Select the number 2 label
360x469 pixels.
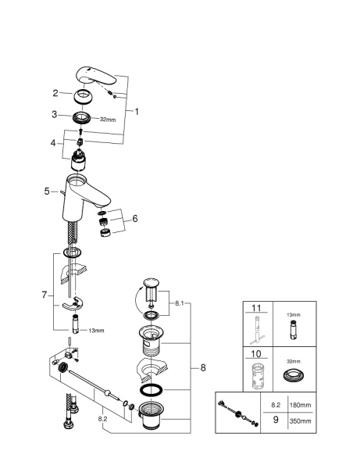[x=55, y=93]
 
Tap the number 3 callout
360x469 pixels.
[x=55, y=114]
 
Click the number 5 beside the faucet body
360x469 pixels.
[x=47, y=190]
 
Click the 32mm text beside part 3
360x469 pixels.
[x=107, y=119]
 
